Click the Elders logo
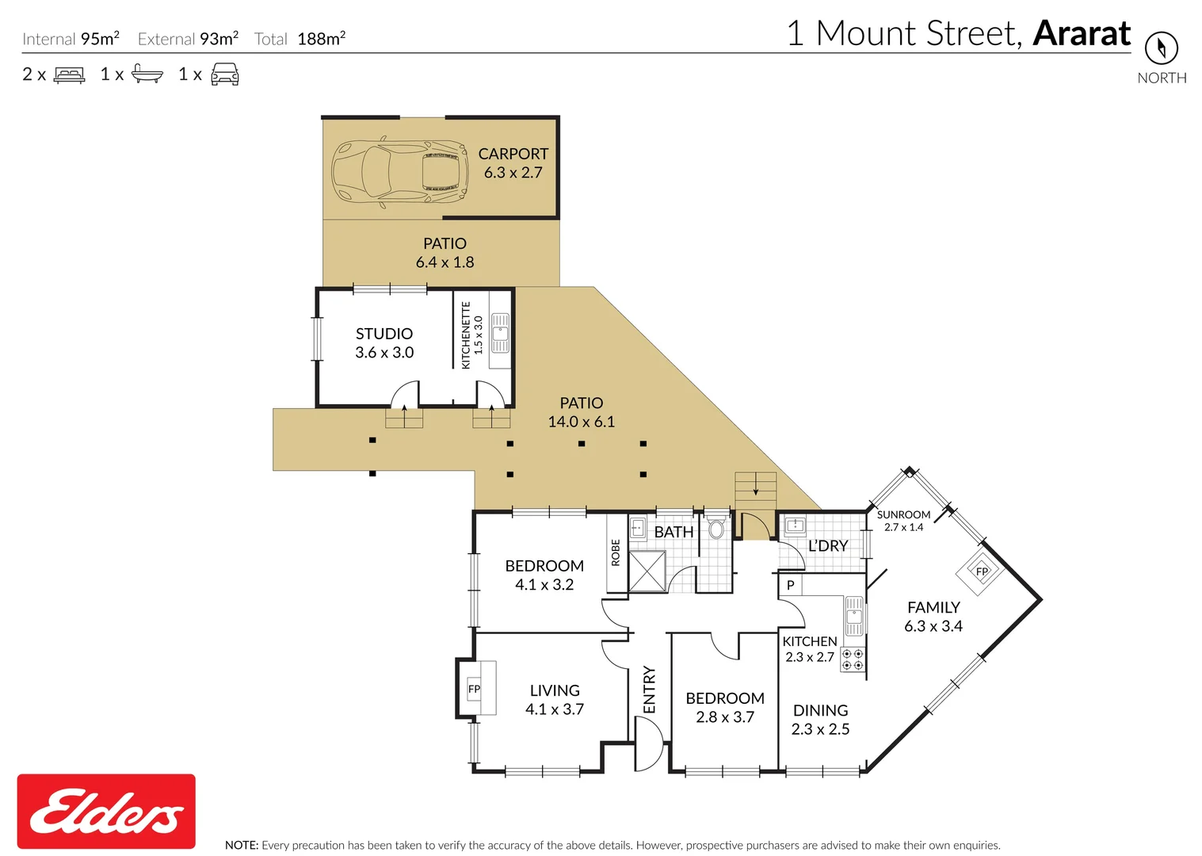106,811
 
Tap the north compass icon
1161,48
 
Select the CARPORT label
513,154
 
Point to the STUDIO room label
384,334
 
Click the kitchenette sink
500,333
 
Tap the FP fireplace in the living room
475,689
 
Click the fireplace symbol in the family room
981,571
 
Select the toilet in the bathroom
716,529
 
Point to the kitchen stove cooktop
853,659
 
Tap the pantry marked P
790,585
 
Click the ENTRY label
650,690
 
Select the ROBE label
616,552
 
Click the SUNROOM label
903,514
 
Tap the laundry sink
794,525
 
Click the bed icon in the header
69,75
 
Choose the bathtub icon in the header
147,75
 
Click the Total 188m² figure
320,39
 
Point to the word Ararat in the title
1082,33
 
